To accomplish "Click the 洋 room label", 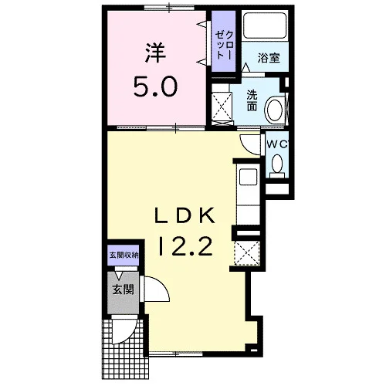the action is [155, 53].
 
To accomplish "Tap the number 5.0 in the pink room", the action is [155, 86].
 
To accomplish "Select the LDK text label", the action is [185, 215].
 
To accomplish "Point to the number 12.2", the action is [186, 246].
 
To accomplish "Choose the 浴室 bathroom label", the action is [269, 58].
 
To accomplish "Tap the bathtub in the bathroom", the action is [265, 25].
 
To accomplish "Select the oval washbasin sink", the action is [275, 110].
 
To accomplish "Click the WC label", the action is [277, 144].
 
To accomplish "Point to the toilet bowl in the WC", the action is [277, 164].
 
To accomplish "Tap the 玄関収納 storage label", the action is [124, 256].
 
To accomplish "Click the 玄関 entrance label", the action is [123, 290].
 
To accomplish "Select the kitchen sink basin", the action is [249, 177].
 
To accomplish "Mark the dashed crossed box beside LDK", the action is [247, 253].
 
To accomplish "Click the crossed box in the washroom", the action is [222, 106].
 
